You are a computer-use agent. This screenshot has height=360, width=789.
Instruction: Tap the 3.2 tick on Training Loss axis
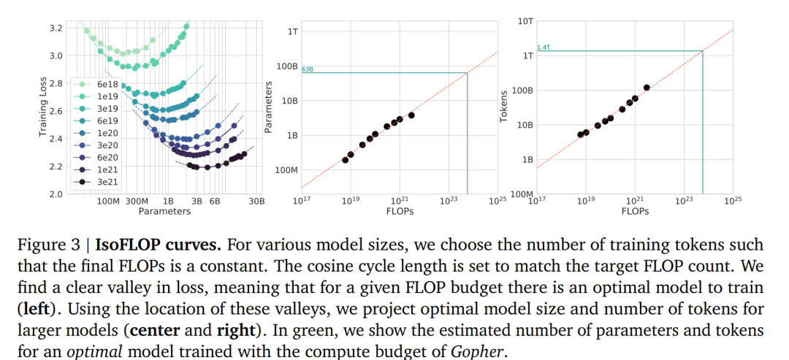[x=56, y=28]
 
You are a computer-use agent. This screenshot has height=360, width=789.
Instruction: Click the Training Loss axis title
[x=43, y=110]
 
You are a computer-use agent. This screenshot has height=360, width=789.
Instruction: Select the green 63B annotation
[x=308, y=69]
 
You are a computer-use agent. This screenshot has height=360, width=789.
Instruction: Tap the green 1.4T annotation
[x=544, y=47]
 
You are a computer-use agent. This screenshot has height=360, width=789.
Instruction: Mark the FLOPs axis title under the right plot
[x=635, y=211]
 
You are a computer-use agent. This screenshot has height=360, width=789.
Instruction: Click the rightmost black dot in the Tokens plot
[x=647, y=88]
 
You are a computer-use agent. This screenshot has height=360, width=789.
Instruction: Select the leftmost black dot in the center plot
[x=345, y=160]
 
